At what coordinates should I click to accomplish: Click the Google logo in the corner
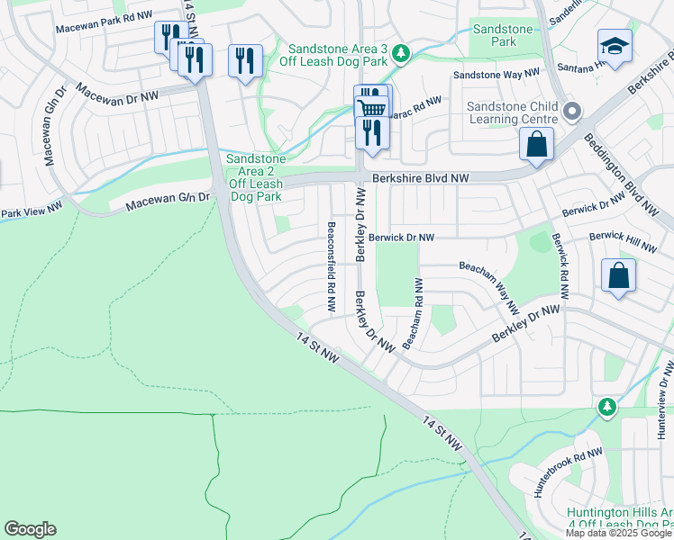(30, 529)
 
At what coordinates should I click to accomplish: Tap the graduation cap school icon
(615, 46)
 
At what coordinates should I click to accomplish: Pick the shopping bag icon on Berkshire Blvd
(536, 144)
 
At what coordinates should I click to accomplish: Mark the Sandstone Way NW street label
(496, 74)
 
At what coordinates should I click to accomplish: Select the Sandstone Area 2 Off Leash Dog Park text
(256, 177)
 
